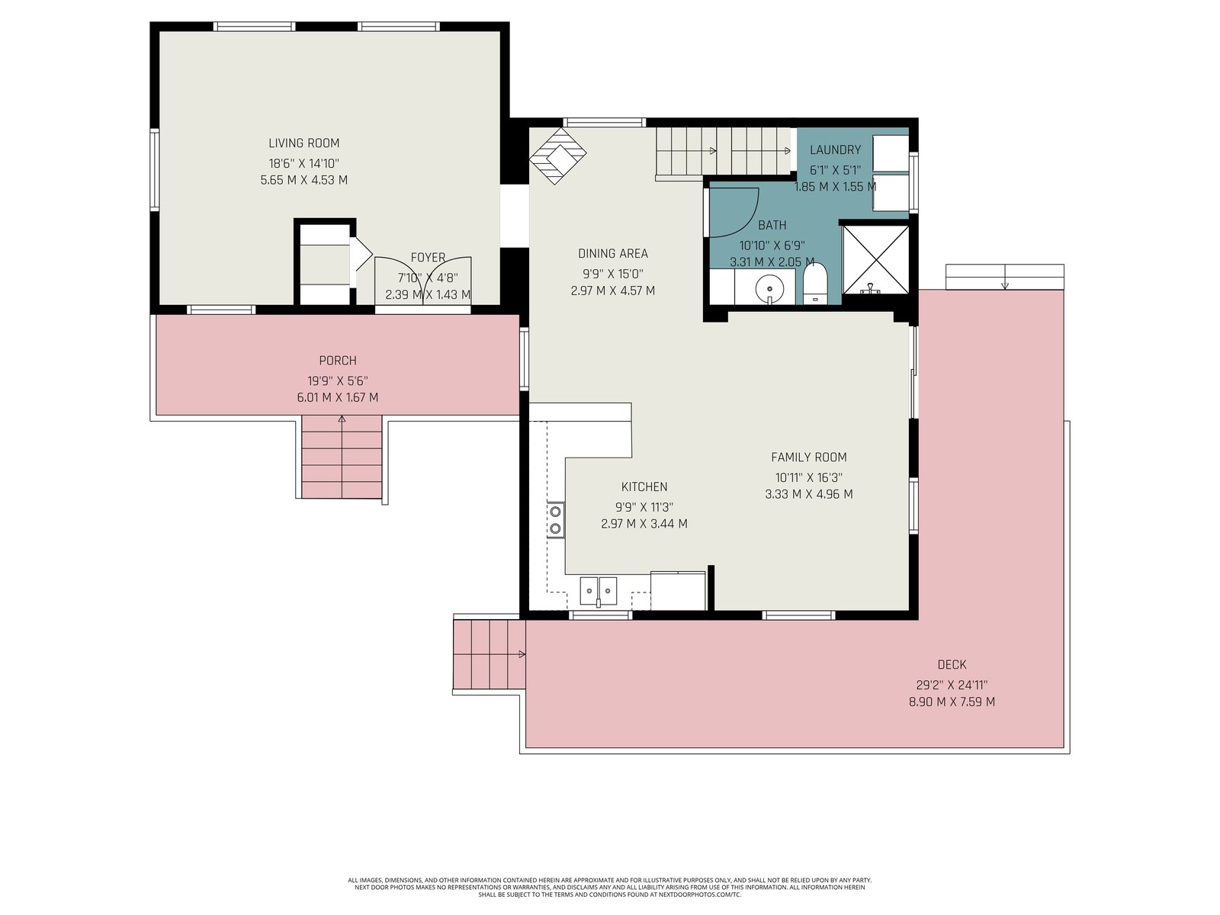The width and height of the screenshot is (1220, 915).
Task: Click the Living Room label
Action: tap(304, 143)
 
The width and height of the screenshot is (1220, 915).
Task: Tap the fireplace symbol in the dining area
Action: tap(557, 156)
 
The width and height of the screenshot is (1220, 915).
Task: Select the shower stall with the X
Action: tap(875, 259)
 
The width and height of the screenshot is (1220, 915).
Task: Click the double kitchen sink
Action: tap(598, 590)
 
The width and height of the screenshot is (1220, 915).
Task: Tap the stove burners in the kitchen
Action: tap(555, 519)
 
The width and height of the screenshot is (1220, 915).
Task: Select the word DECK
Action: tap(952, 664)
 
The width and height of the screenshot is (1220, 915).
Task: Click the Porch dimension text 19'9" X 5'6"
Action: tap(338, 381)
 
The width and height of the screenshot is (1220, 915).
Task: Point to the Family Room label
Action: tap(809, 457)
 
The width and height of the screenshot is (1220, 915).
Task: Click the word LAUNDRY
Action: tap(835, 149)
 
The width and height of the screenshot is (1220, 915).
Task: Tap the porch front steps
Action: tap(342, 457)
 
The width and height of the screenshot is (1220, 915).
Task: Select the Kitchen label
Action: tap(644, 486)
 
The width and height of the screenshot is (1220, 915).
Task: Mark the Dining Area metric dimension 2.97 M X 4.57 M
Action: tap(612, 291)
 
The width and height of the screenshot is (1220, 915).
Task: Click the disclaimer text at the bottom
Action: tap(610, 888)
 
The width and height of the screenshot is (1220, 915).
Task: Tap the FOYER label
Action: tap(428, 258)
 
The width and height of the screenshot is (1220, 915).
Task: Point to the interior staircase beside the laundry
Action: tap(723, 151)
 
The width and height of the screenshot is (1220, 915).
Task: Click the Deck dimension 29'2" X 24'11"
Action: tap(952, 685)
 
